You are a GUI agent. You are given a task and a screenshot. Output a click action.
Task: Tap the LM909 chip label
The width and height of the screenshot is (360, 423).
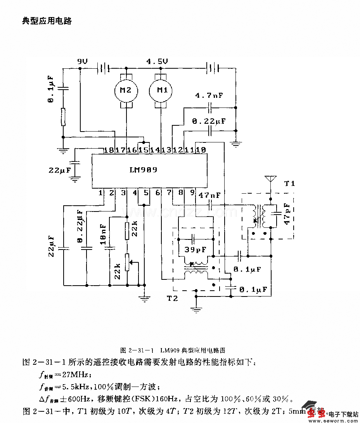pyautogui.click(x=144, y=170)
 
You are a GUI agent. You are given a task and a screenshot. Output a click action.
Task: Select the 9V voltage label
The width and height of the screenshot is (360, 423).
pyautogui.click(x=82, y=62)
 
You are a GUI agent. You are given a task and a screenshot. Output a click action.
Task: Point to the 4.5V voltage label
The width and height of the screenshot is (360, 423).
pyautogui.click(x=157, y=62)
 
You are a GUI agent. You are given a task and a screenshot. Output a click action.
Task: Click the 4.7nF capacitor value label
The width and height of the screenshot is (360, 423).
pyautogui.click(x=209, y=95)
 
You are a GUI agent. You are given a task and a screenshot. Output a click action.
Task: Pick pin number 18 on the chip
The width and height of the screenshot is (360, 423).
pyautogui.click(x=108, y=150)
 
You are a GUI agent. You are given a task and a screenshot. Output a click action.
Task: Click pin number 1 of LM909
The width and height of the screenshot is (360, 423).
pyautogui.click(x=100, y=192)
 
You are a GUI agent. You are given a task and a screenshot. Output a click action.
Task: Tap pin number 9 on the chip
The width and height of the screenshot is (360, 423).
pyautogui.click(x=192, y=192)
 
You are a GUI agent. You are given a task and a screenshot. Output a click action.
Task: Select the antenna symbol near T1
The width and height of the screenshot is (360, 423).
pyautogui.click(x=269, y=179)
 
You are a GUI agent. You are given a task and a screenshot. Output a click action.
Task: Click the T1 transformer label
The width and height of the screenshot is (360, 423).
pyautogui.click(x=289, y=183)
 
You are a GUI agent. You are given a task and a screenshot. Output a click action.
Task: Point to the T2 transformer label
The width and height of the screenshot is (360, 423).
pyautogui.click(x=173, y=298)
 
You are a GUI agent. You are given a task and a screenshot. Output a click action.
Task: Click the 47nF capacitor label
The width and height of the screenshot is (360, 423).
pyautogui.click(x=209, y=195)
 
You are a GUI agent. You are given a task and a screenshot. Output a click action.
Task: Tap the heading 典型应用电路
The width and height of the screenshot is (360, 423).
pyautogui.click(x=47, y=21)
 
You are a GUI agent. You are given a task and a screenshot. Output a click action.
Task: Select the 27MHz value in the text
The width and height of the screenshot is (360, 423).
pyautogui.click(x=76, y=375)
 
